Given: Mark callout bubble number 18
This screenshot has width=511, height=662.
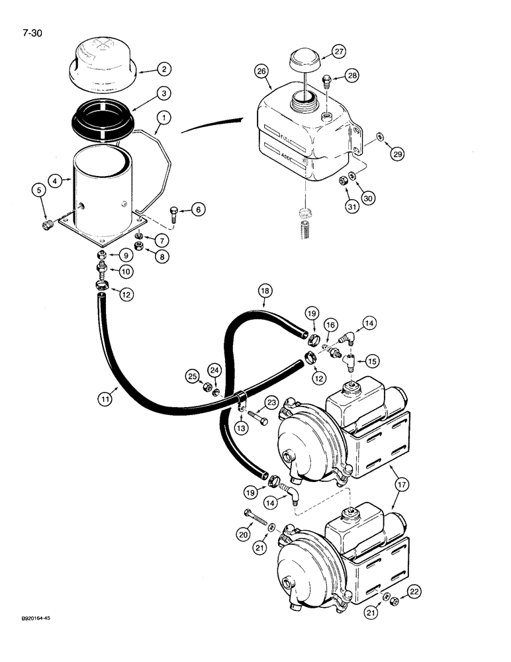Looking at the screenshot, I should [x=263, y=291].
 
